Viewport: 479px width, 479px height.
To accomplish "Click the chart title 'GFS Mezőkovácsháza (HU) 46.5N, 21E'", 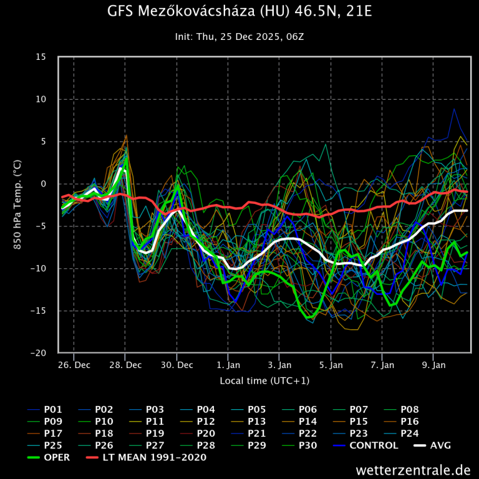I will point(239,12).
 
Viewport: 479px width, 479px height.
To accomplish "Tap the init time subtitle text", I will point(239,37).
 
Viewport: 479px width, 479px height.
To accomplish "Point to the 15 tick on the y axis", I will point(41,57).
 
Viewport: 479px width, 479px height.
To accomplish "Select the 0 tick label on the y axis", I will point(44,184).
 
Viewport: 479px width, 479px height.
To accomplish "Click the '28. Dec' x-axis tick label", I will point(125,364).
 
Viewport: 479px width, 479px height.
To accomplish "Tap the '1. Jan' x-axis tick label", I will point(228,364).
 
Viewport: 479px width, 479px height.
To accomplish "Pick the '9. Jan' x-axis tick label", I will point(434,364).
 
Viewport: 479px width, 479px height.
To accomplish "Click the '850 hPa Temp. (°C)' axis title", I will point(18,205).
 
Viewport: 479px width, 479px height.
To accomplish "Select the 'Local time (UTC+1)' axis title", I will point(264,380).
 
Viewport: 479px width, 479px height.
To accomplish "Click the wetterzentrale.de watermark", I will point(414,469).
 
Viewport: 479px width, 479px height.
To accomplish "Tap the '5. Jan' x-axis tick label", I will point(331,364).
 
